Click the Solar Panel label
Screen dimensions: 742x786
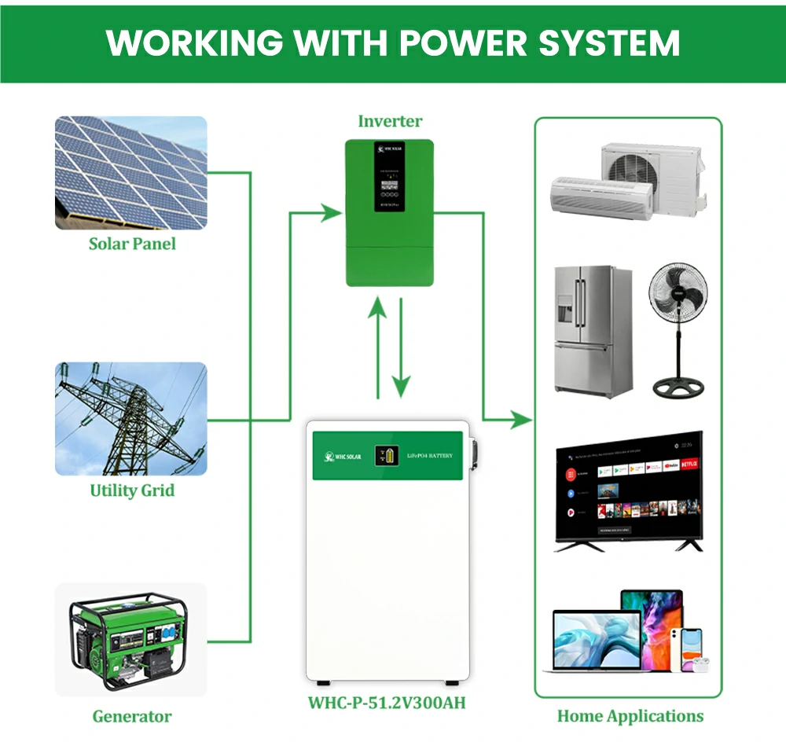pos(132,244)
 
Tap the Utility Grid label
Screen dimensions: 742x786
pos(132,491)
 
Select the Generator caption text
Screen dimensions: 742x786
pos(132,716)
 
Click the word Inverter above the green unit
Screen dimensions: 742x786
pos(390,121)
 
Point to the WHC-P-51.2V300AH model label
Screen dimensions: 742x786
pos(387,702)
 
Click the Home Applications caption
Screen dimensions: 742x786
pos(630,716)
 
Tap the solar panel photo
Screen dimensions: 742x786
pos(131,173)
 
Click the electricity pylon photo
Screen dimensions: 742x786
pos(131,418)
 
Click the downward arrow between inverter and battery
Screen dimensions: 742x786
pos(402,350)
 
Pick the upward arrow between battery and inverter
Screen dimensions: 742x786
pos(378,350)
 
